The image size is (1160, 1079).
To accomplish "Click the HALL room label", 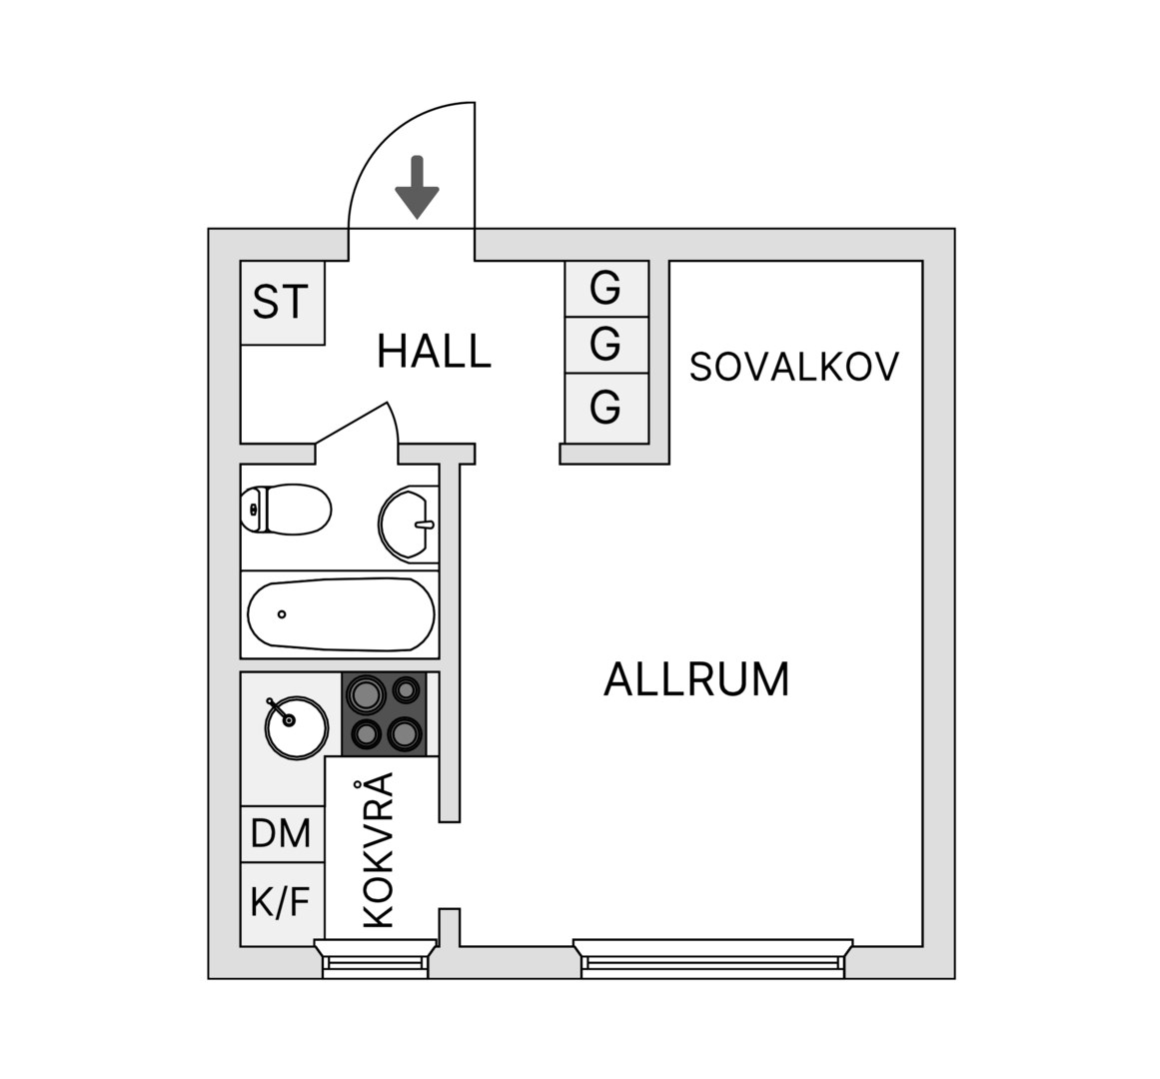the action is click(435, 351).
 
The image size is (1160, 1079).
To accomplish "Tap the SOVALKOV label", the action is click(793, 366).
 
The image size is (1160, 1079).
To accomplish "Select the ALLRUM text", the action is click(696, 679).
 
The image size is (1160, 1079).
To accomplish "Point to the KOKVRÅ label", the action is click(378, 850).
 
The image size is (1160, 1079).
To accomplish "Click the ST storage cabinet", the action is click(283, 303).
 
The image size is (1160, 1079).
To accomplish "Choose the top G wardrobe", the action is click(606, 289).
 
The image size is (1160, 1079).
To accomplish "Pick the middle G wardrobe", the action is click(606, 346).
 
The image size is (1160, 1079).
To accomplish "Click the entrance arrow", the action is click(418, 187).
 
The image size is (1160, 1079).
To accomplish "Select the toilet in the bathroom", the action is click(286, 509).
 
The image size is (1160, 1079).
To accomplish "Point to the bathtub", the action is click(341, 614).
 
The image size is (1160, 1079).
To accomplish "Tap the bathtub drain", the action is click(281, 614).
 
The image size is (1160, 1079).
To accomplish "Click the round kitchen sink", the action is click(296, 727).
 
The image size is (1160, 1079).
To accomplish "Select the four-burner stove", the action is click(385, 714).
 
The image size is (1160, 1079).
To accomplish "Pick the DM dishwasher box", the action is click(283, 833).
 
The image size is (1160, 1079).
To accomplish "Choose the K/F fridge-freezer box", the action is click(283, 904).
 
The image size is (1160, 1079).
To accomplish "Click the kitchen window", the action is click(376, 958).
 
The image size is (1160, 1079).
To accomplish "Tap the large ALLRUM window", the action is click(713, 958).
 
